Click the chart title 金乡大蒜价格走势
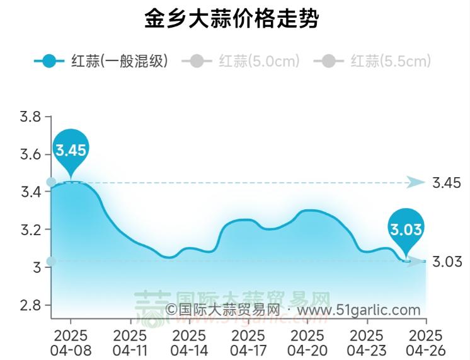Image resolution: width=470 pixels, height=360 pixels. pos(231,19)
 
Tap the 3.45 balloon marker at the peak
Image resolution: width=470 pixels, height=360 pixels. pos(70,149)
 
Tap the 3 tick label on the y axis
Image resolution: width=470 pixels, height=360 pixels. pos(37,267)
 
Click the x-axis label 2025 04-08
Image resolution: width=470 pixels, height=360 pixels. pos(71,341)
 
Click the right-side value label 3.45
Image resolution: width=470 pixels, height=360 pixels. pos(447,183)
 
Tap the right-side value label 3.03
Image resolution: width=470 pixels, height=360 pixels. pos(447,261)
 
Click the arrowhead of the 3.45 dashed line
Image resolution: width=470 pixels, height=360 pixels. pos(416,182)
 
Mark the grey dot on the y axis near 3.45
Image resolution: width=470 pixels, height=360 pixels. pos(51,182)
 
